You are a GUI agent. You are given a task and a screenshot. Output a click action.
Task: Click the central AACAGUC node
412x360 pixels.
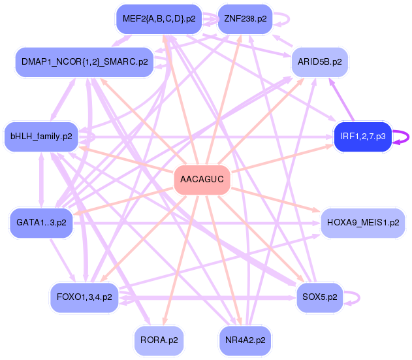[x=202, y=179]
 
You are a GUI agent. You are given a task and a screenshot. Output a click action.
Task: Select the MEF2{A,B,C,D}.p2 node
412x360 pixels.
[x=159, y=19]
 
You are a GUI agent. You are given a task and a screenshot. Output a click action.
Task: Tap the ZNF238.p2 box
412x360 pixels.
[x=245, y=19]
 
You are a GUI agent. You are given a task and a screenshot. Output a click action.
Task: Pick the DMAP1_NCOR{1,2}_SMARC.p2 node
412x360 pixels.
[x=84, y=63]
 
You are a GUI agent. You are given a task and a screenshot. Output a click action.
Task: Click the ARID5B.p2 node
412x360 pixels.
[x=319, y=62]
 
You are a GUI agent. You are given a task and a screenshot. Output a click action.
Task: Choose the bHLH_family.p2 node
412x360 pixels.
[x=41, y=137]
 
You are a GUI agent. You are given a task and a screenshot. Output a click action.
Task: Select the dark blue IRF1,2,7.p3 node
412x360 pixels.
[x=362, y=137]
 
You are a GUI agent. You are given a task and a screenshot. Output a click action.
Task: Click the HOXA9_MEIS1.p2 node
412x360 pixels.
[x=362, y=223]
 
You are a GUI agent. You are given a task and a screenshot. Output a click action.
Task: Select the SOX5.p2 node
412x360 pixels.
[x=320, y=297]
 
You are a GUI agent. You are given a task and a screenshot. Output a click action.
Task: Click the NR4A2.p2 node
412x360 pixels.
[x=245, y=340]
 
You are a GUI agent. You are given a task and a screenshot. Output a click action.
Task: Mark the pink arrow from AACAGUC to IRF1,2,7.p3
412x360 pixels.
[x=281, y=159]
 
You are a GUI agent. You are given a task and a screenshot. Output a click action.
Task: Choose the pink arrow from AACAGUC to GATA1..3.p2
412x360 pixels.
[x=124, y=200]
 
